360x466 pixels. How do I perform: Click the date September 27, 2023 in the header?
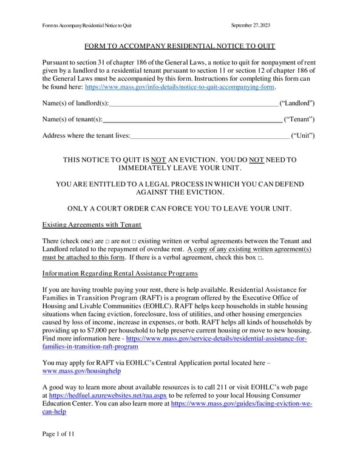pos(251,25)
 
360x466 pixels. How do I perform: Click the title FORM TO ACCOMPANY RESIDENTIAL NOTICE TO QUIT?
pos(180,46)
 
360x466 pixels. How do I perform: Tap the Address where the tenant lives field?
pos(210,135)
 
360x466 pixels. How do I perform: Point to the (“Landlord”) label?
pos(296,104)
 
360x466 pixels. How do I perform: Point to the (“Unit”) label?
pos(303,135)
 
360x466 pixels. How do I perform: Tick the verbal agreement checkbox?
pos(260,258)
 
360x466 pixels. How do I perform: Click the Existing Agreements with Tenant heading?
pos(92,225)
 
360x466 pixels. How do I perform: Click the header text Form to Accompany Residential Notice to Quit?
pos(87,25)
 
